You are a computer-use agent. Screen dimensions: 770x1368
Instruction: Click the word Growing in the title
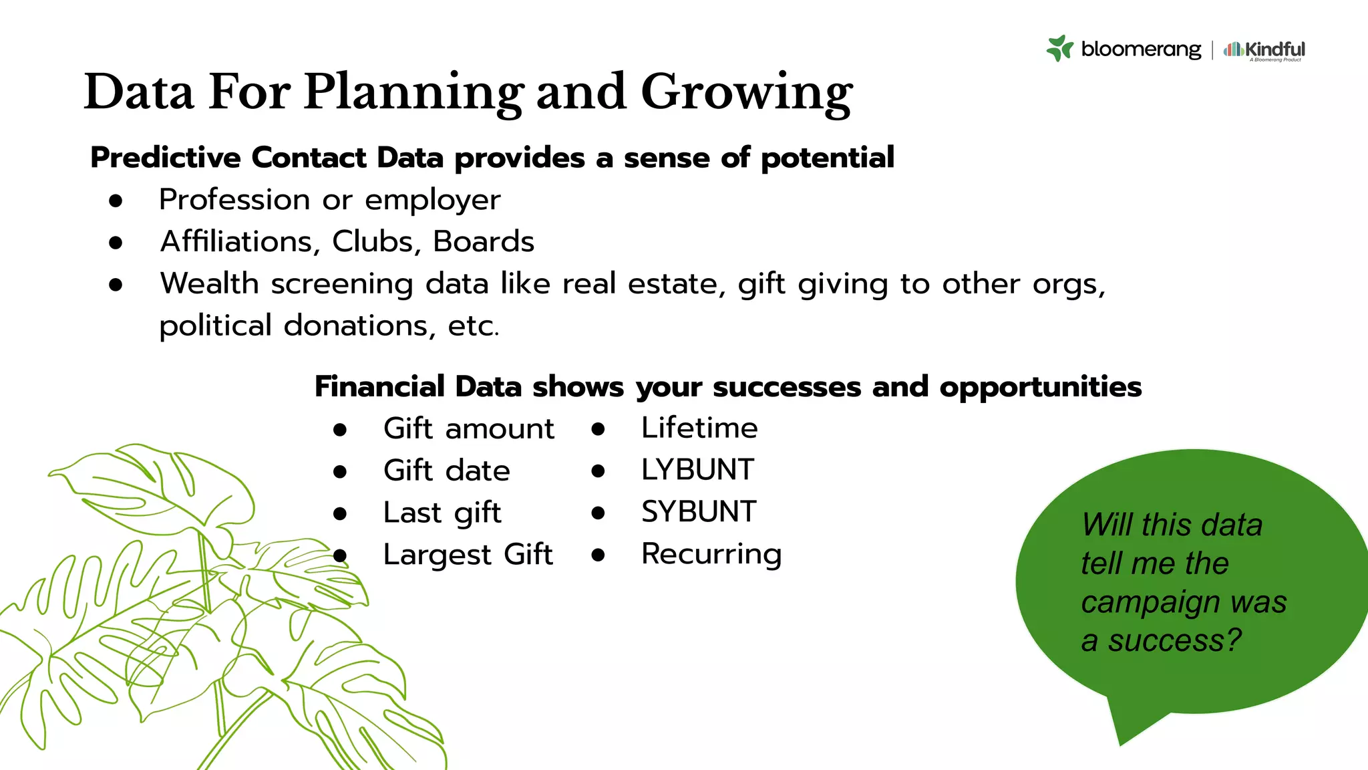[746, 92]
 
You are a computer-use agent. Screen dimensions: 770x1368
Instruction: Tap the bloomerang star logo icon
[1059, 49]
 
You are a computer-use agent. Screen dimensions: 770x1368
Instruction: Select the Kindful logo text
[1274, 49]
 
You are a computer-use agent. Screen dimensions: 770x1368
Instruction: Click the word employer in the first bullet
[432, 200]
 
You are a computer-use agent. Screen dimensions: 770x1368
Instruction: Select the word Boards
[484, 241]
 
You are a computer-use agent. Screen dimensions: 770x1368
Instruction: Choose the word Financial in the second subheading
[379, 387]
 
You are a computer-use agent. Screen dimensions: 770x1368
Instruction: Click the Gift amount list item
[468, 428]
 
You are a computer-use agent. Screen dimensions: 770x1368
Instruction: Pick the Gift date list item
[446, 471]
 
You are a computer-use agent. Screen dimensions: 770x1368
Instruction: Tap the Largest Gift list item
[468, 555]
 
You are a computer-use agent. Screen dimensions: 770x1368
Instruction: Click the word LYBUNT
[697, 470]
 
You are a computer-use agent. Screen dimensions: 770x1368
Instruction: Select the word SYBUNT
[698, 512]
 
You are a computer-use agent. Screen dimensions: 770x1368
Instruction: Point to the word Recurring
[711, 554]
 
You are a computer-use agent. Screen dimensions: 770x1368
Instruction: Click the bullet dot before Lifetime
[598, 429]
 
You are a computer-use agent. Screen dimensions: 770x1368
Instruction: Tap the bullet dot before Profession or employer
[116, 201]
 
